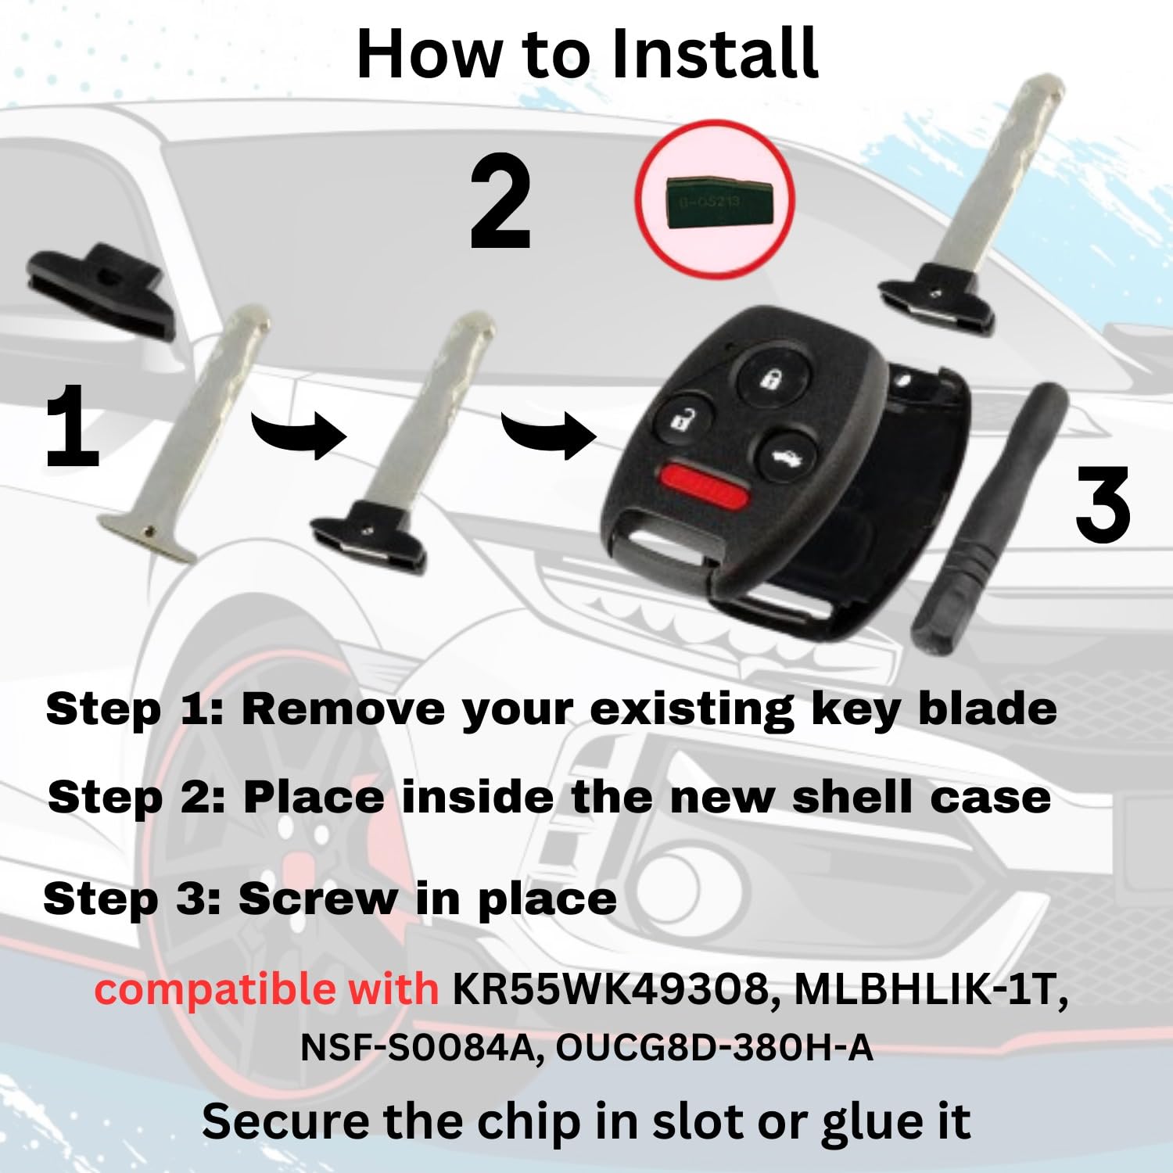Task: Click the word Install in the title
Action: (x=713, y=53)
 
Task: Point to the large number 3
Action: (x=1103, y=504)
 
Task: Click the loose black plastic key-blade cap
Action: (x=100, y=289)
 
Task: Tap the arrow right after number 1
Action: (x=298, y=432)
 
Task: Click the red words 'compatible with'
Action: (x=267, y=988)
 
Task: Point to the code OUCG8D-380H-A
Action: (x=714, y=1048)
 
